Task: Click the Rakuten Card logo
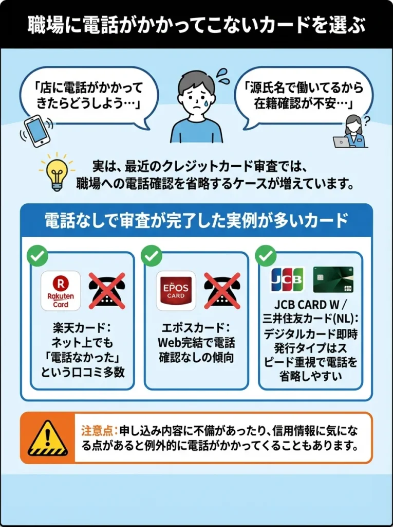click(x=61, y=291)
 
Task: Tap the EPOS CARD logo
click(x=176, y=291)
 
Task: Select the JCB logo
click(x=287, y=280)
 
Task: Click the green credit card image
click(x=333, y=280)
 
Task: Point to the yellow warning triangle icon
click(x=48, y=438)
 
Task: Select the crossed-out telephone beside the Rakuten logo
click(x=107, y=291)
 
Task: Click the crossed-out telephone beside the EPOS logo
click(x=222, y=291)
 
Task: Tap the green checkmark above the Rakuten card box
click(x=37, y=256)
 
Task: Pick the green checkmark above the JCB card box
click(x=266, y=256)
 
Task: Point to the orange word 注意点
click(x=100, y=430)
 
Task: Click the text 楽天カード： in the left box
click(x=82, y=328)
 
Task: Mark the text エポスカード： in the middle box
click(x=197, y=328)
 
